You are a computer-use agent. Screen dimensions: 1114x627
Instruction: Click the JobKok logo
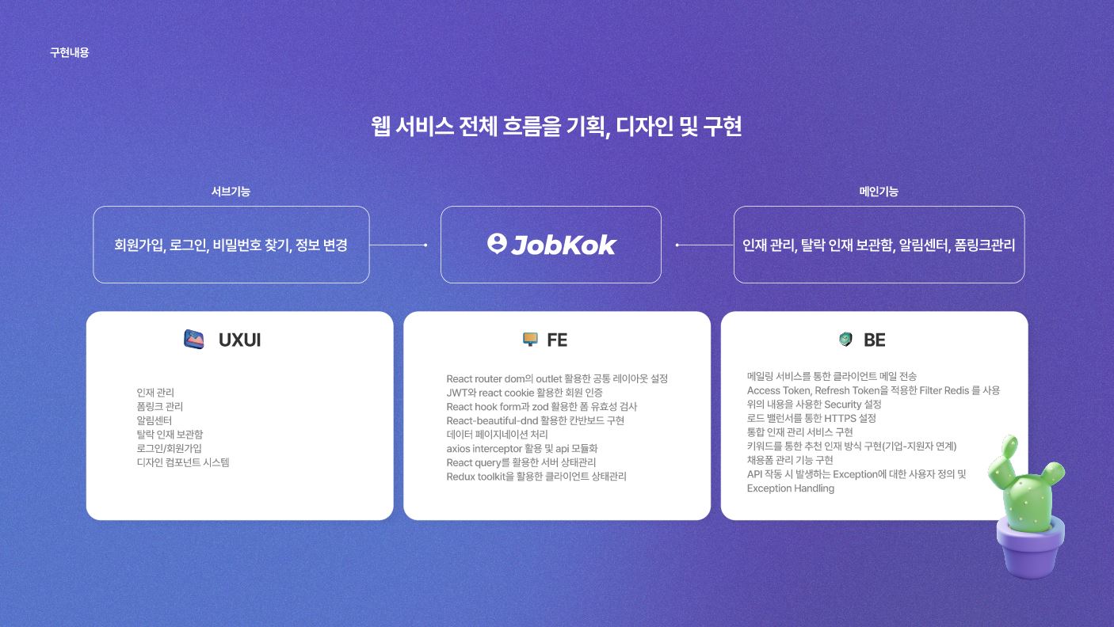[551, 245]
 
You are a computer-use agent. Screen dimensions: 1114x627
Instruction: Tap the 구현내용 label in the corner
[70, 53]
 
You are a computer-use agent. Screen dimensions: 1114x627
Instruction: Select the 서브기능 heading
[231, 192]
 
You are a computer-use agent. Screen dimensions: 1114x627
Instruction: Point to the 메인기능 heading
[879, 192]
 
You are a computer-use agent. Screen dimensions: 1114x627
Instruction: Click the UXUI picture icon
[194, 340]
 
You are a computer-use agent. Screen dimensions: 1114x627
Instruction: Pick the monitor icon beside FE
[530, 340]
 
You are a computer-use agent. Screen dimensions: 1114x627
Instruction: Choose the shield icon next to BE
[845, 340]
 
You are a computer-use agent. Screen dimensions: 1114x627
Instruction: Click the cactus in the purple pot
[1021, 483]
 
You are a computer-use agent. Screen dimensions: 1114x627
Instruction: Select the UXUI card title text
[239, 340]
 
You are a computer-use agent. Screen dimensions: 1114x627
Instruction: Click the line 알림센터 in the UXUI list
[154, 420]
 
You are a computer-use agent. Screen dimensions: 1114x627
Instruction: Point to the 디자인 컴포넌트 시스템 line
[182, 462]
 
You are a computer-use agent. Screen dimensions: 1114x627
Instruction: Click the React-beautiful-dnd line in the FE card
[535, 420]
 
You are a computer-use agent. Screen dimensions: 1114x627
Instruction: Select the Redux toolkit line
[536, 477]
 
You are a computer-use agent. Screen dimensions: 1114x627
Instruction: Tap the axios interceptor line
[521, 448]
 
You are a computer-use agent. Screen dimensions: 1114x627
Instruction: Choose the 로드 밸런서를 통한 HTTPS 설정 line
[811, 418]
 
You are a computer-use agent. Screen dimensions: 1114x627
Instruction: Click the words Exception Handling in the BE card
[790, 488]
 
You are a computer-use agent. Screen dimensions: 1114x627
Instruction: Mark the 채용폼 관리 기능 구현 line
[789, 460]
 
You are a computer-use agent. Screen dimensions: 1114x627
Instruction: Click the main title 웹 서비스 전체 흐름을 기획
[556, 127]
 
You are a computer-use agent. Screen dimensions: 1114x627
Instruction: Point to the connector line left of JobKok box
[398, 245]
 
